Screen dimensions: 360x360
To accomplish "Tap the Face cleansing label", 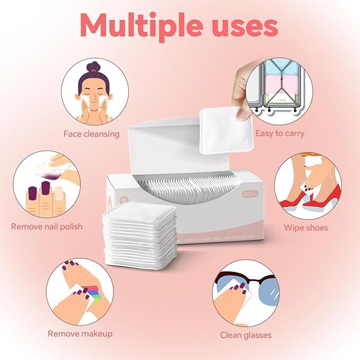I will tap(91, 134).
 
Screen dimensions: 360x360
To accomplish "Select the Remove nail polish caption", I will tap(47, 226).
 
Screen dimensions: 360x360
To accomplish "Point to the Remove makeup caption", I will tap(80, 333).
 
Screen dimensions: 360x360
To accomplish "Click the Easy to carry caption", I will tap(279, 133).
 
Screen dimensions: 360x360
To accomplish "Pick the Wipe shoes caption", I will tap(306, 228).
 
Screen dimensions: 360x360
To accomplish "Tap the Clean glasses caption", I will tap(245, 335).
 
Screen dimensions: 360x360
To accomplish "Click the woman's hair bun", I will tap(94, 68).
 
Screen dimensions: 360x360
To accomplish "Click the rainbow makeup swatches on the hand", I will tap(95, 293).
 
